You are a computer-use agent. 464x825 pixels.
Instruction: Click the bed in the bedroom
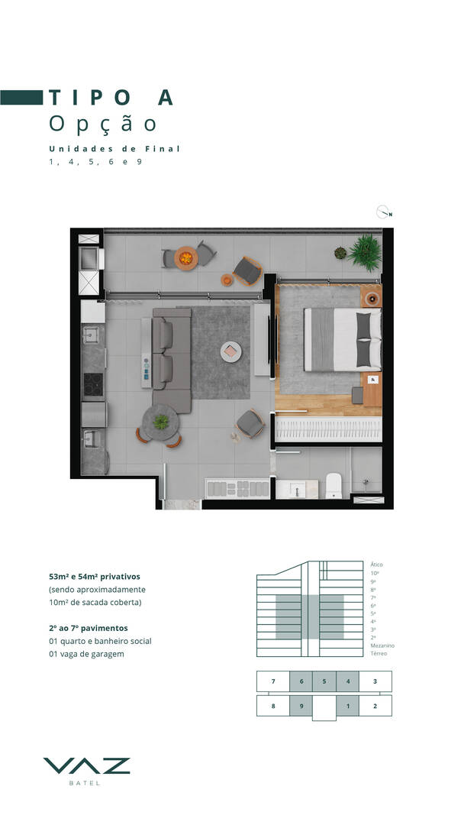pos(343,339)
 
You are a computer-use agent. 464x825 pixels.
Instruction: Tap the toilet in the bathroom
pos(333,486)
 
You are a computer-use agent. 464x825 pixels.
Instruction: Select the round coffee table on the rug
pos(230,351)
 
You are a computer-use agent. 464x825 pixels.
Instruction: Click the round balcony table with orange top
pos(186,258)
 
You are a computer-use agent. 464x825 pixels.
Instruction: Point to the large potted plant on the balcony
pos(365,253)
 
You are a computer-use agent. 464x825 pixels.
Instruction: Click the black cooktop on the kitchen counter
pos(94,384)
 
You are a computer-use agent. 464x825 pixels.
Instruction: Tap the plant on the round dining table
pos(161,422)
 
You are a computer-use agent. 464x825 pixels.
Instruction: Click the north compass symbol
pos(384,212)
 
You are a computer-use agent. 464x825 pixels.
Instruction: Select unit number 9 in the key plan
pos(301,706)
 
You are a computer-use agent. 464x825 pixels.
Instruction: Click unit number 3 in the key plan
pos(375,681)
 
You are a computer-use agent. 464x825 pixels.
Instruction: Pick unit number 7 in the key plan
pos(273,681)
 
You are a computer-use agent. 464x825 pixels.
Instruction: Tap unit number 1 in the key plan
pos(347,706)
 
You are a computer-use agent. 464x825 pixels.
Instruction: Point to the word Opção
pos(103,125)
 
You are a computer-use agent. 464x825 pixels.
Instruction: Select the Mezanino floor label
pos(382,645)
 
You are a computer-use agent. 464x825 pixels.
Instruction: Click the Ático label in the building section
pos(376,565)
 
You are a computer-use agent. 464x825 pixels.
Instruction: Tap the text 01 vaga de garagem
pos(87,654)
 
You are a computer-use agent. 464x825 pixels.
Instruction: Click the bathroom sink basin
pos(296,490)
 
